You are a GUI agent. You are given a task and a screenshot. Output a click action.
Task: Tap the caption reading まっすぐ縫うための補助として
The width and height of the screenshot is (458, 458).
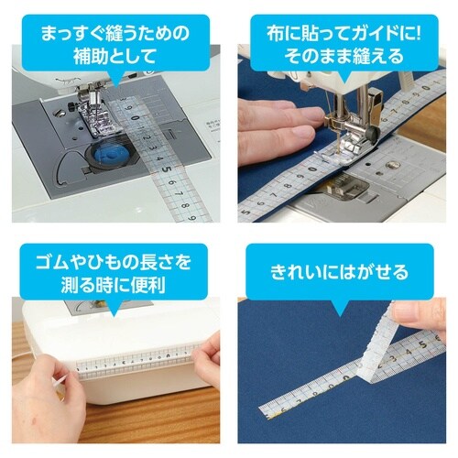point(115,45)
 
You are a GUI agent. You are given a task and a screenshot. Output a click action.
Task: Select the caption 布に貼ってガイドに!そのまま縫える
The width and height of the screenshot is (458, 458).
point(343,45)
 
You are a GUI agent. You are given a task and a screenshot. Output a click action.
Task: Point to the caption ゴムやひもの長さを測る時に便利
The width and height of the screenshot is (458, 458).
point(114,273)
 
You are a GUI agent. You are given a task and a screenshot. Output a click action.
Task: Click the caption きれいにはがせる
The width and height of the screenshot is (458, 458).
point(340,273)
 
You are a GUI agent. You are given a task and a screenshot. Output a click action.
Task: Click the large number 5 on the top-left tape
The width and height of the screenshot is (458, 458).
point(166,169)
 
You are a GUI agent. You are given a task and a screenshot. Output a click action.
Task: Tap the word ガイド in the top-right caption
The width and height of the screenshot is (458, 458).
point(372,34)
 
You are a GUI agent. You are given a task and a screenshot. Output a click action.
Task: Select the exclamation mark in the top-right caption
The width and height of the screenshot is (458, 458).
point(418,34)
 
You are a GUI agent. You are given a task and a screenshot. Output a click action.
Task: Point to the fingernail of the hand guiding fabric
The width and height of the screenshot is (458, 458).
point(303,134)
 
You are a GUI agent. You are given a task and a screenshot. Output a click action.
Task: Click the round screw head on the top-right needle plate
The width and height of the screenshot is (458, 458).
point(392,166)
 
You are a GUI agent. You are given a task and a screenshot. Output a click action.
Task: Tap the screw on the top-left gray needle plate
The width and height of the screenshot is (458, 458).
point(59,114)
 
